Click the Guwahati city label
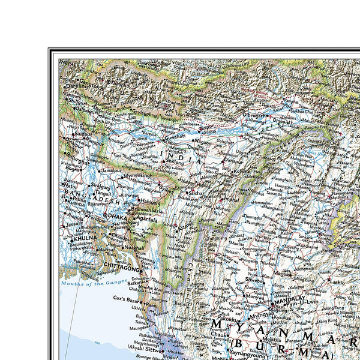pos(175,137)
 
